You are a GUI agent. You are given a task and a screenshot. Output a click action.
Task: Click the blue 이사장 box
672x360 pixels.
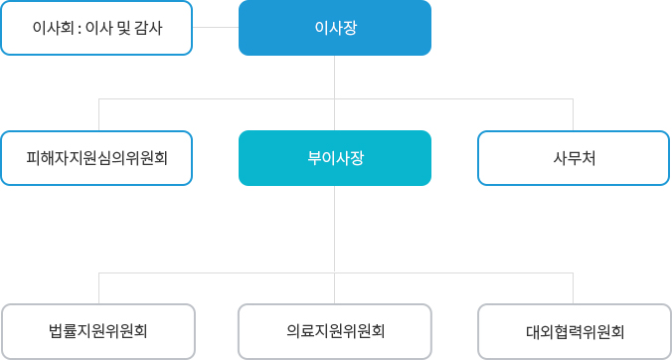(x=335, y=28)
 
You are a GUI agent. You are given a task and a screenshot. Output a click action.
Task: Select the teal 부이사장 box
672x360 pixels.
(x=335, y=158)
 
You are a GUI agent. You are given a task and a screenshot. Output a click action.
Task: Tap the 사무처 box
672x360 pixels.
(x=574, y=158)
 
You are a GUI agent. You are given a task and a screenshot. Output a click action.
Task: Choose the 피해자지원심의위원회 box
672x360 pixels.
(x=96, y=158)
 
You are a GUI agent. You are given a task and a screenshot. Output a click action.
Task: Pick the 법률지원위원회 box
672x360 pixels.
(x=98, y=331)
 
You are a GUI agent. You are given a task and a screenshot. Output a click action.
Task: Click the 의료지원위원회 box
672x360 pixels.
(x=335, y=331)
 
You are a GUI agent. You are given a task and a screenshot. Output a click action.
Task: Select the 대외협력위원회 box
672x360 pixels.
(x=575, y=331)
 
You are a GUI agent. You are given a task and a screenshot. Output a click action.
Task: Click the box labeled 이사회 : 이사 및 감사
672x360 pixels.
(x=96, y=28)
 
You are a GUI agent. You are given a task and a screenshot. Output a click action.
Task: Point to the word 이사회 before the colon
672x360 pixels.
(x=52, y=28)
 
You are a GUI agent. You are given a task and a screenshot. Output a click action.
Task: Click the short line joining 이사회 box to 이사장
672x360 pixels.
(x=216, y=28)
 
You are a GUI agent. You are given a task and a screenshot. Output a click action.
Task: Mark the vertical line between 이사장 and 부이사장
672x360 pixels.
(x=335, y=78)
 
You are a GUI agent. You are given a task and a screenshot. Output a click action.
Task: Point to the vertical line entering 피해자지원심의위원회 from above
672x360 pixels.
(x=98, y=114)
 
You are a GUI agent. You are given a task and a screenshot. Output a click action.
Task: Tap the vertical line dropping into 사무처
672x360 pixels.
(x=574, y=114)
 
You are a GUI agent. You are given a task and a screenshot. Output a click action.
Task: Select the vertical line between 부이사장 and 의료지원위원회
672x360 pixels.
(x=335, y=229)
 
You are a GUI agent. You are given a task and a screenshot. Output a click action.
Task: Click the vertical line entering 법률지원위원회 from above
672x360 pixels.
(x=98, y=288)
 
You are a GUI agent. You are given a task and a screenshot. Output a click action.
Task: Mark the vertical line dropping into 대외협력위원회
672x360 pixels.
(x=574, y=288)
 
